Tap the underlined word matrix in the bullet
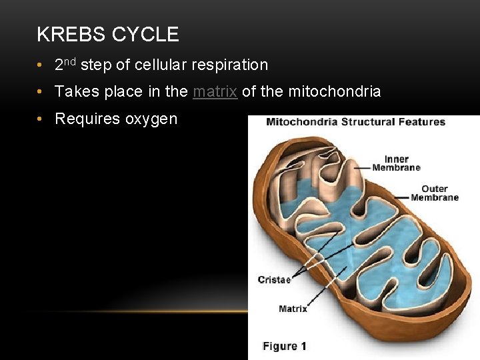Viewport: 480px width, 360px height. tap(215, 91)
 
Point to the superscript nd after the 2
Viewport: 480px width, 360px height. tap(71, 61)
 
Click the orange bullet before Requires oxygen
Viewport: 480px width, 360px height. tap(41, 119)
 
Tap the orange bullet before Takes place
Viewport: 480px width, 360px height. tap(41, 91)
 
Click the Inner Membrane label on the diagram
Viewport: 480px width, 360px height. tap(396, 163)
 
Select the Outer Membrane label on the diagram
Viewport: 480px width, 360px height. tap(435, 193)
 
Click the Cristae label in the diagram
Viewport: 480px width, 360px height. tap(274, 280)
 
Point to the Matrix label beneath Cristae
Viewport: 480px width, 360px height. tap(293, 309)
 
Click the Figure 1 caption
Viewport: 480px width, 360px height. tap(285, 346)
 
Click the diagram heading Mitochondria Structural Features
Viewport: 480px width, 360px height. tap(355, 122)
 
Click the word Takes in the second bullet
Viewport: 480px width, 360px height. tap(75, 91)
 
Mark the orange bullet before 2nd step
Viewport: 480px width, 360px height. tap(41, 65)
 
